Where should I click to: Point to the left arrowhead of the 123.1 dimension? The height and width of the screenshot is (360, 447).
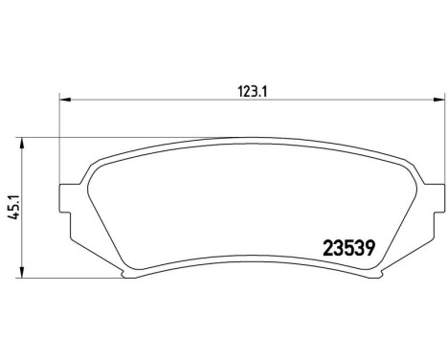[65, 98]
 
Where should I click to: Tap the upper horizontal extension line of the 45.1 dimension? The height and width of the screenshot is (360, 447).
[115, 137]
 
